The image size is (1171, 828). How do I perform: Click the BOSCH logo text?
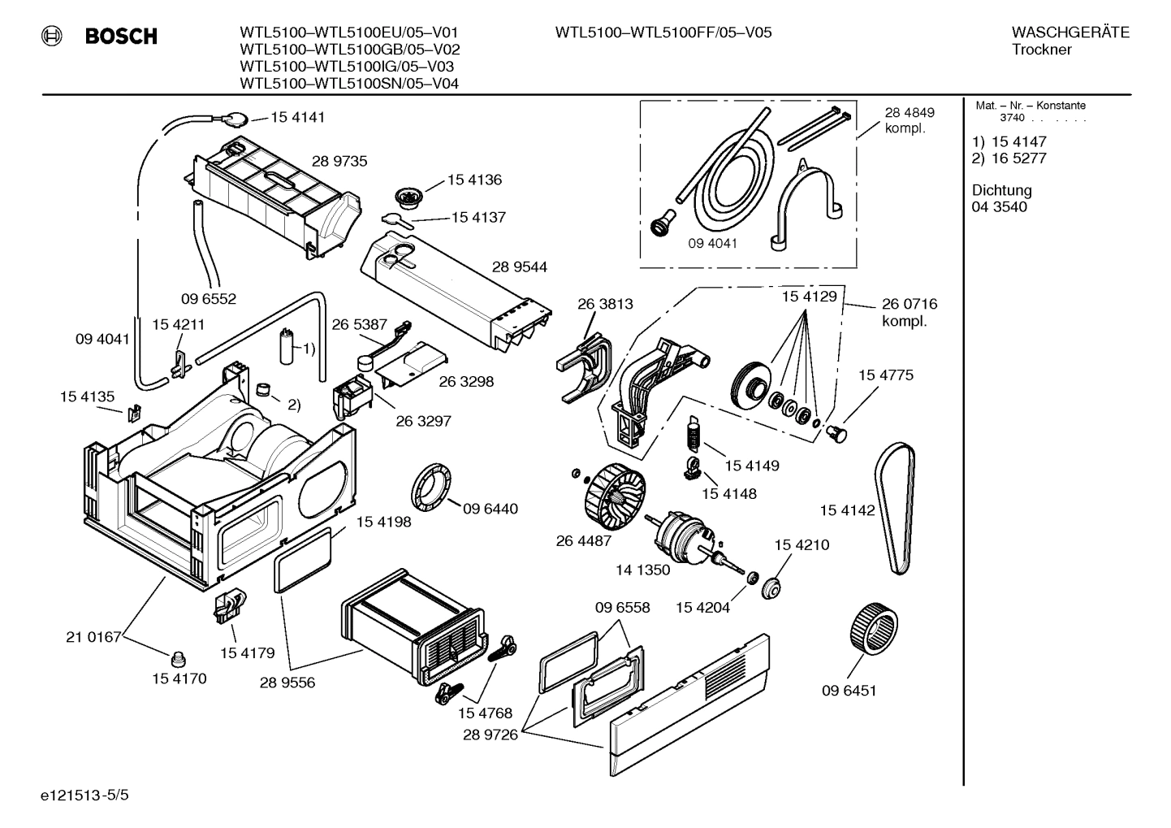tap(121, 37)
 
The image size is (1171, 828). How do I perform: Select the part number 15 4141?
tap(297, 117)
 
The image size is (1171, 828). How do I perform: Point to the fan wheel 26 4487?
tap(611, 487)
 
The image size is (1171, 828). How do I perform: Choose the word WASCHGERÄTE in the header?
tap(1069, 33)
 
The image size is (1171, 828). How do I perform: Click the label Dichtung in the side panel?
tap(1001, 190)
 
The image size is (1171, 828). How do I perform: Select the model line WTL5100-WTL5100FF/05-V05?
tap(663, 33)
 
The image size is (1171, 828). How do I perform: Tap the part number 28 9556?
tap(287, 683)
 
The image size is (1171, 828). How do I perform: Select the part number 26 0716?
tap(910, 304)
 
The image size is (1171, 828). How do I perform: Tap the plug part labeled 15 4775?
tap(836, 435)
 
